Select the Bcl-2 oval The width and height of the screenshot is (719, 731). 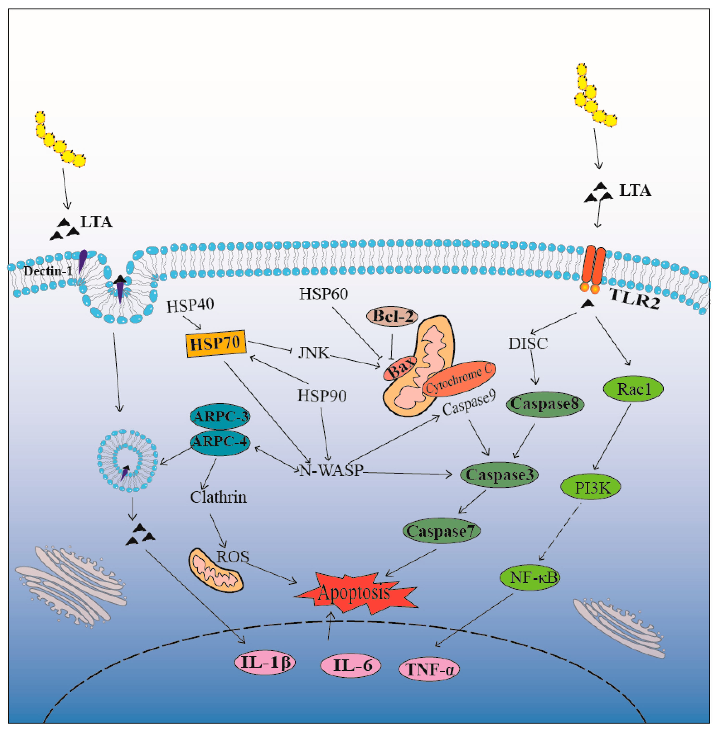(392, 317)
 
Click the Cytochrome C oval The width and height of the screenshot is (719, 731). (459, 380)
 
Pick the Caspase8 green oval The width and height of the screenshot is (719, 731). (545, 404)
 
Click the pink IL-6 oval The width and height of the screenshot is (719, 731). (350, 665)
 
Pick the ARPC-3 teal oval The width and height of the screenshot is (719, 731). (220, 416)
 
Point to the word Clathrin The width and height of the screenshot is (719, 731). (218, 497)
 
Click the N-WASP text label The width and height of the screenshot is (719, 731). (331, 470)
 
